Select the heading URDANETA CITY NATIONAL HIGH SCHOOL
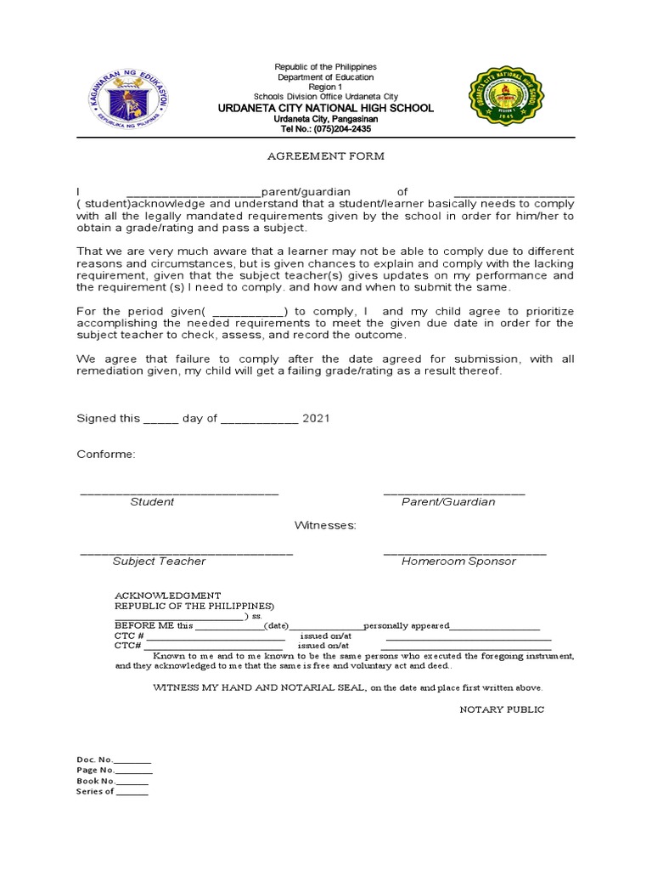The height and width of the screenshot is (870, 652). tap(325, 109)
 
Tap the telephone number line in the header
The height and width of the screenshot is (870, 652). tap(325, 129)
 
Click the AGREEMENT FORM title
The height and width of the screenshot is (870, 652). tap(325, 156)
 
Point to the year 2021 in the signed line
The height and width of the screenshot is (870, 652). tap(317, 419)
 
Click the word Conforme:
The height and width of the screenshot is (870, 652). tap(106, 455)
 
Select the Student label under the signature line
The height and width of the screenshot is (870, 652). tap(152, 502)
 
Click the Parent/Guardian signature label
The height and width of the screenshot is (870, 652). tap(448, 502)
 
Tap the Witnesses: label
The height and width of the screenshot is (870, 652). tap(325, 526)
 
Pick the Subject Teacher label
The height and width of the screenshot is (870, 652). tap(159, 562)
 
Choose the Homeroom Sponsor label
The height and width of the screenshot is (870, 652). tap(458, 562)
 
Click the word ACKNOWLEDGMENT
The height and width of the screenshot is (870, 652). tap(168, 596)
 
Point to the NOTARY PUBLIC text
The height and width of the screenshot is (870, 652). tap(502, 709)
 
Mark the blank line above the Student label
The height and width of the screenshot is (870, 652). tap(179, 493)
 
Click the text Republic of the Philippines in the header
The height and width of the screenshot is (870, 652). tap(325, 67)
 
